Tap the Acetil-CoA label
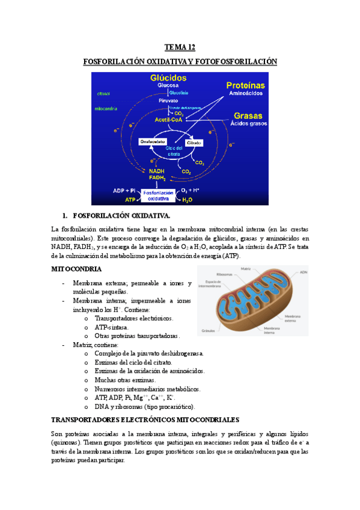point(170,120)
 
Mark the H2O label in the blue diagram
point(187,199)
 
